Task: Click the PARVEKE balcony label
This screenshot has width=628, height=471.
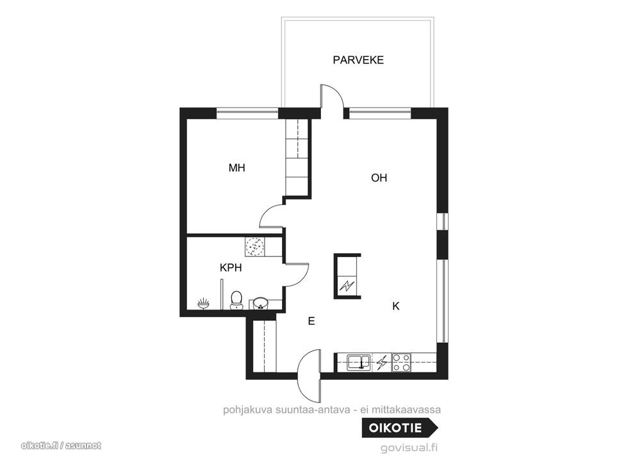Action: coord(358,60)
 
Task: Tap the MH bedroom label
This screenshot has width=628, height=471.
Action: coord(236,168)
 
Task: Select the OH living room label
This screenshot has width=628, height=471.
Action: coord(379,178)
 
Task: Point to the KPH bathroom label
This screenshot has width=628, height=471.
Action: coord(231,268)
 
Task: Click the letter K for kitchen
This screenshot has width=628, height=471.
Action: coord(396,306)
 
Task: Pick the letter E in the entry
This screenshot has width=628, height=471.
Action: coord(311,321)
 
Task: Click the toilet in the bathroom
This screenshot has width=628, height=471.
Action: coord(236,300)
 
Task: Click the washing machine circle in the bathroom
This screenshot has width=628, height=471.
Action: coord(254,246)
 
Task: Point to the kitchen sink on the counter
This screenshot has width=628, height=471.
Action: coord(359,361)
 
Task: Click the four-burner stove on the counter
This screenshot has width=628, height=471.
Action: coord(401,363)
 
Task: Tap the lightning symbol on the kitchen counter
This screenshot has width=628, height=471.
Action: coord(382,363)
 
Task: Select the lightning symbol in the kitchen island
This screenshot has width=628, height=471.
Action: coord(347,286)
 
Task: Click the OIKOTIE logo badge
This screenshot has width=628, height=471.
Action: coord(400,428)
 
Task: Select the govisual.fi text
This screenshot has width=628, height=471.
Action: coord(409,448)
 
